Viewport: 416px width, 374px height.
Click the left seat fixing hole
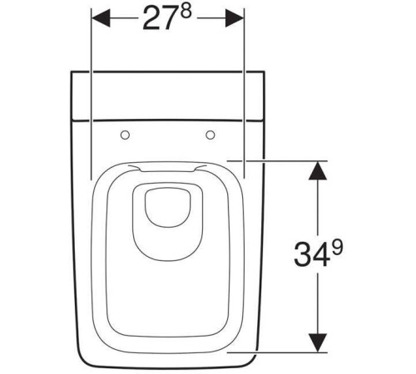coord(125,135)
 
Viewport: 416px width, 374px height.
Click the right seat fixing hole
coord(210,135)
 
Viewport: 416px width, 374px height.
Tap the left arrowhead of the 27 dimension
coord(101,18)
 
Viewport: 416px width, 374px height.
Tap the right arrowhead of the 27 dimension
coord(235,18)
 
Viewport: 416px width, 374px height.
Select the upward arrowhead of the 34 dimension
coord(318,170)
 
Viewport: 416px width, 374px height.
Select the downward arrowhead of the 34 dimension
coord(318,343)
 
